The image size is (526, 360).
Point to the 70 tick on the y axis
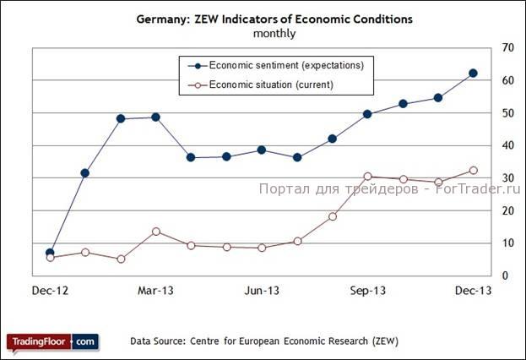pos(507,47)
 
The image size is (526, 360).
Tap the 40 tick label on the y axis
pos(507,145)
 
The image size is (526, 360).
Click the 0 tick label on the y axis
pos(504,275)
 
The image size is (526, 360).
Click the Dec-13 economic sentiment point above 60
pos(473,74)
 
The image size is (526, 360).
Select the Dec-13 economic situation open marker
pos(473,171)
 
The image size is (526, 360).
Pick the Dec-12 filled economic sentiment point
pos(50,253)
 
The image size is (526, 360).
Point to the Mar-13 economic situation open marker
pos(155,232)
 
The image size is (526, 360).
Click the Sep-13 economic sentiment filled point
pos(367,114)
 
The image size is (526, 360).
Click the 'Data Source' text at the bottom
pos(264,341)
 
